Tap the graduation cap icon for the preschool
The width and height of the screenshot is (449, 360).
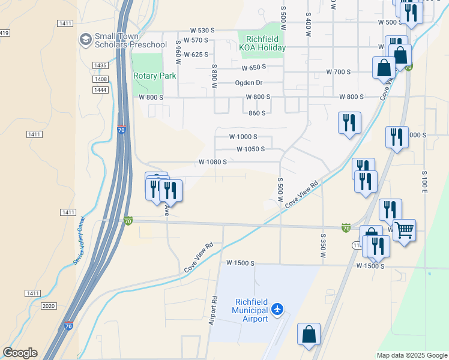pos(85,40)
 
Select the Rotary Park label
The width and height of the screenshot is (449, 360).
pos(155,76)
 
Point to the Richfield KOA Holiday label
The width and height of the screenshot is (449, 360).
pos(261,43)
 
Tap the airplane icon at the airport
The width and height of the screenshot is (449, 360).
pos(277,310)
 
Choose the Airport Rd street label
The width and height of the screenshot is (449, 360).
pos(212,310)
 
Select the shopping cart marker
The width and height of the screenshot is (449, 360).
pos(404,229)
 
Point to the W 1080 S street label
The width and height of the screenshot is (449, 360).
pos(212,162)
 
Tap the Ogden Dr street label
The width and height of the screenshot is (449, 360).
pos(249,83)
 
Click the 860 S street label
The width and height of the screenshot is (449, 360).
pos(256,113)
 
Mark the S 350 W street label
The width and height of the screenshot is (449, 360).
pos(323,246)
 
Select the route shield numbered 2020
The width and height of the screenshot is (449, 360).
pos(49,306)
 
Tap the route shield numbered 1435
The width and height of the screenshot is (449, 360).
pos(100,65)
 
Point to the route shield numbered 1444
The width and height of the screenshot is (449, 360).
pos(100,89)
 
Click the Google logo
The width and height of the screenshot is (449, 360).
pos(20,353)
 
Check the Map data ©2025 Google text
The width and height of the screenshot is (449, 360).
pos(411,355)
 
